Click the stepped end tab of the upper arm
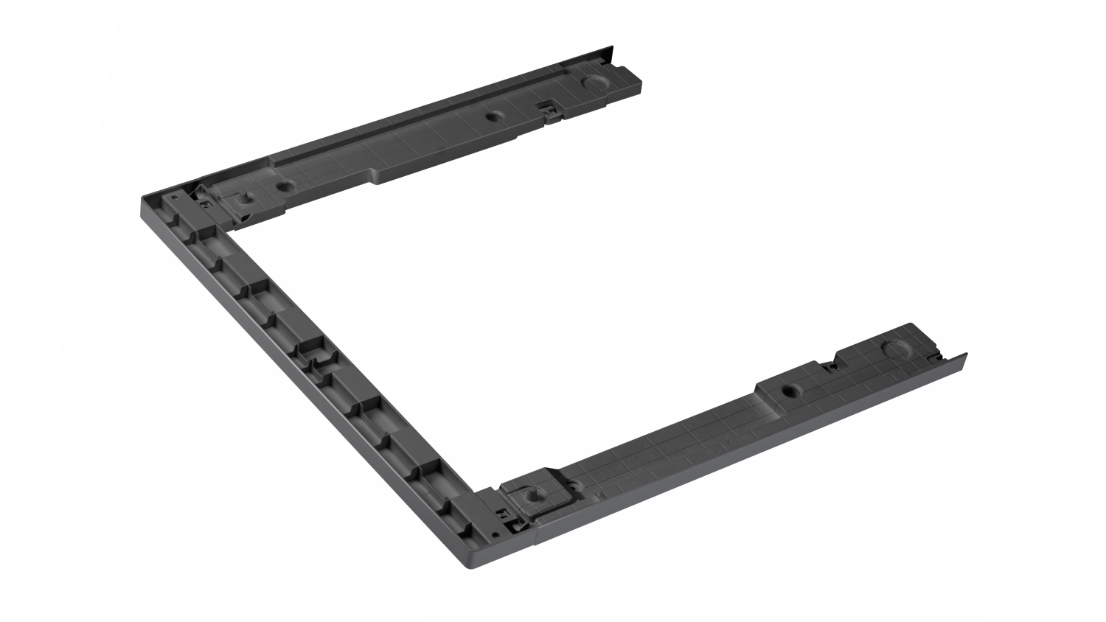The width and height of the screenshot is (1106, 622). pyautogui.click(x=634, y=78)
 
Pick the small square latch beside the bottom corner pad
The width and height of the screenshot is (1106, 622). pyautogui.click(x=504, y=511)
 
